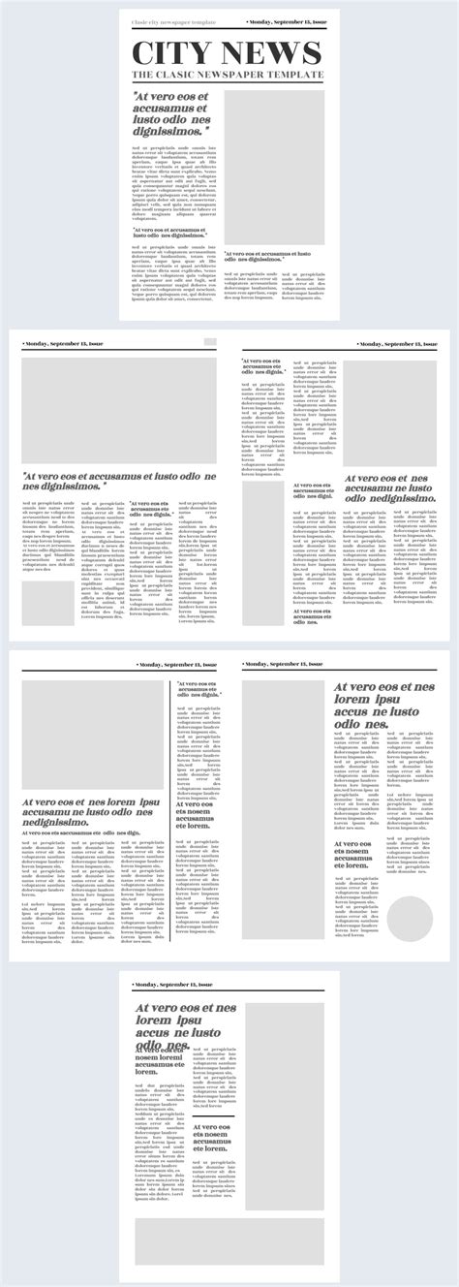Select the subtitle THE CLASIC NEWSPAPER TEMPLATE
click(227, 75)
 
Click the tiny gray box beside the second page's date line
click(209, 342)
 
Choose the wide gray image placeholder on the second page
click(119, 411)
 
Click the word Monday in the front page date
click(266, 20)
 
